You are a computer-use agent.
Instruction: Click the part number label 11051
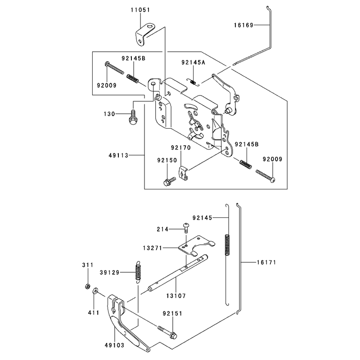(140, 10)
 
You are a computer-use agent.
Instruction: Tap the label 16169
(243, 25)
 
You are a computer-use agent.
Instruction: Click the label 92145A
(193, 62)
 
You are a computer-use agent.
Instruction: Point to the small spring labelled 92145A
(193, 82)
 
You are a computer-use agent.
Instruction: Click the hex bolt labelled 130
(133, 117)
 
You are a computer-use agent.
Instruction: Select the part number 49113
(118, 155)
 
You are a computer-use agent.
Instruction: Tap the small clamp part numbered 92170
(183, 173)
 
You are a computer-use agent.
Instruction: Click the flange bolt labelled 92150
(169, 181)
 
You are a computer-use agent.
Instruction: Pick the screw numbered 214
(186, 228)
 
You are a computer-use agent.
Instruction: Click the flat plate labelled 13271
(196, 246)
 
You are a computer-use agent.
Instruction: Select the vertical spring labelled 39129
(138, 272)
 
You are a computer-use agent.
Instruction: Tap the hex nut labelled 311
(87, 286)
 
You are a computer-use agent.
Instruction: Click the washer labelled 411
(95, 291)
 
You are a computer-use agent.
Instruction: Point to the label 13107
(176, 296)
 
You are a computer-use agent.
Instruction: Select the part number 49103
(114, 345)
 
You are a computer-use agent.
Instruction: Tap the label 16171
(266, 262)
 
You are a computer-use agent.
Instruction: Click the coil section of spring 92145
(227, 244)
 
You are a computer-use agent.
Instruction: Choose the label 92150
(167, 160)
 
